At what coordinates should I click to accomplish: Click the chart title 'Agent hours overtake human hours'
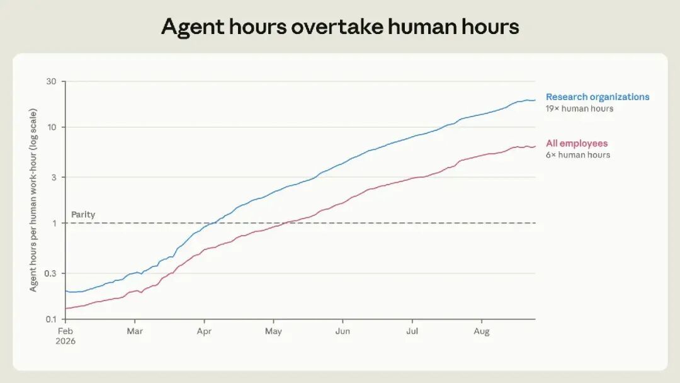[340, 27]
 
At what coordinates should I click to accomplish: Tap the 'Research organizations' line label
[598, 97]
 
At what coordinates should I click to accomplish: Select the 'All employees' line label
[577, 143]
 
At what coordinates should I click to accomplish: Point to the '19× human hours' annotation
[579, 108]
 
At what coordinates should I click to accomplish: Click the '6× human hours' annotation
[577, 155]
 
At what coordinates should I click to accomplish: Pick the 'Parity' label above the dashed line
[83, 214]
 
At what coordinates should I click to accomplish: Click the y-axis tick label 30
[51, 81]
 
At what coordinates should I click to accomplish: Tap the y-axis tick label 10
[52, 127]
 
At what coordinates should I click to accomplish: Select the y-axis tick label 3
[54, 178]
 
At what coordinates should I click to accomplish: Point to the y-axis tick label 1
[55, 224]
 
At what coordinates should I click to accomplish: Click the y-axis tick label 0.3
[51, 273]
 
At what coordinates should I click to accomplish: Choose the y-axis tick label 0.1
[51, 319]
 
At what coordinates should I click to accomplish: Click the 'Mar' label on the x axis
[135, 331]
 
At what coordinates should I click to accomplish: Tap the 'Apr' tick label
[204, 331]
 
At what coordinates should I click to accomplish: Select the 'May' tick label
[273, 331]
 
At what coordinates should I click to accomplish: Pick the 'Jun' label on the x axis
[343, 331]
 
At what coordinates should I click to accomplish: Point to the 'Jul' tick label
[412, 331]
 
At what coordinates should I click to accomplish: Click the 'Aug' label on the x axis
[482, 331]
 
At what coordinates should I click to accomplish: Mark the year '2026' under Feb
[65, 341]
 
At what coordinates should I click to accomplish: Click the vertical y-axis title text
[33, 200]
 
